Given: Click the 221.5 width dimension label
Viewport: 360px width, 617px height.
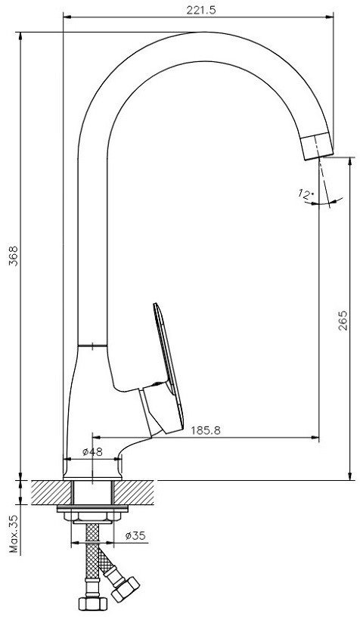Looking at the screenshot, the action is tap(201, 11).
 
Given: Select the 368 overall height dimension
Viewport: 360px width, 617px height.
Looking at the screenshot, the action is tap(14, 256).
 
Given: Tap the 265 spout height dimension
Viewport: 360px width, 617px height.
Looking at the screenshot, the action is tap(343, 321).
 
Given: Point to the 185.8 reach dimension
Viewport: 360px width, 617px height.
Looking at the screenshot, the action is tap(206, 430).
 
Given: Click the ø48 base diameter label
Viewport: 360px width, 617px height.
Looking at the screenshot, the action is tap(92, 451).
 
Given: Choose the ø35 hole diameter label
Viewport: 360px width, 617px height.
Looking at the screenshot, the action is tap(135, 535).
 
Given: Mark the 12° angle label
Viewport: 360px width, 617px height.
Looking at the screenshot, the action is tap(306, 194).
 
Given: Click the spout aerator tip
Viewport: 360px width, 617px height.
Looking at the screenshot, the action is tap(317, 146).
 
